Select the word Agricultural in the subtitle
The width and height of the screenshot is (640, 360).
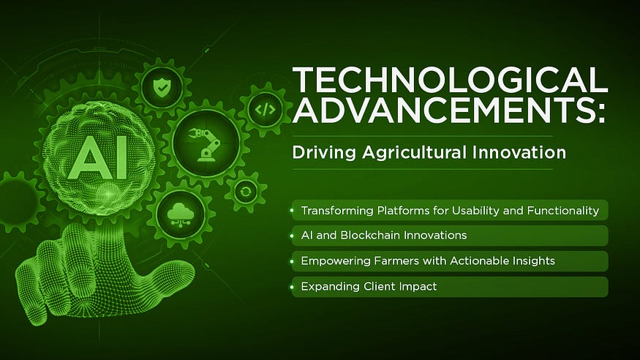[414, 153]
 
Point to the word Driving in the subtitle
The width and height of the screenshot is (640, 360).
[325, 153]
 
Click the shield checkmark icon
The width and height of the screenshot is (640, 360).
[162, 87]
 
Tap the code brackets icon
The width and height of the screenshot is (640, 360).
[266, 109]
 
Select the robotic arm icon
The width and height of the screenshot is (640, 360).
[206, 143]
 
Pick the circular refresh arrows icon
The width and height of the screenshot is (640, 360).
[246, 192]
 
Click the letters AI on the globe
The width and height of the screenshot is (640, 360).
[98, 157]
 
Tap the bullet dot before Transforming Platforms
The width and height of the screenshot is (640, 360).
[293, 211]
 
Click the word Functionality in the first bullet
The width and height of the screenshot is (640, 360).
[563, 211]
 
